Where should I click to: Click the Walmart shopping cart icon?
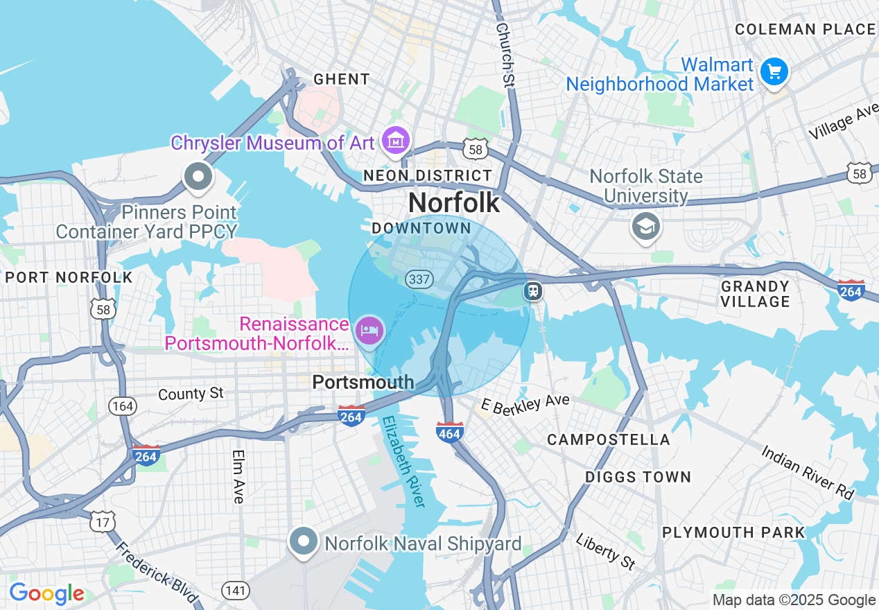pyautogui.click(x=774, y=72)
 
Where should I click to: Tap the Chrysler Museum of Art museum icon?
pyautogui.click(x=396, y=141)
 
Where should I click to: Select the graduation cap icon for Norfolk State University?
pyautogui.click(x=645, y=225)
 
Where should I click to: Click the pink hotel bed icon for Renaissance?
pyautogui.click(x=369, y=330)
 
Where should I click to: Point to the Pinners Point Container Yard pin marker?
pyautogui.click(x=198, y=177)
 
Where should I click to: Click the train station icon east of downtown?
pyautogui.click(x=533, y=290)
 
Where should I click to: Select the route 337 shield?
pyautogui.click(x=419, y=279)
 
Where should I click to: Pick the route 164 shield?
pyautogui.click(x=123, y=406)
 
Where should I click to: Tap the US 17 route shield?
pyautogui.click(x=102, y=521)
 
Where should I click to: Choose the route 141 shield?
pyautogui.click(x=236, y=590)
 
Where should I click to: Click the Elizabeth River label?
pyautogui.click(x=403, y=462)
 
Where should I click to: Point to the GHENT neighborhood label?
pyautogui.click(x=341, y=79)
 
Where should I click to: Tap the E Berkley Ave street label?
pyautogui.click(x=525, y=405)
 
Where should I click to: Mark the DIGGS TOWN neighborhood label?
pyautogui.click(x=638, y=477)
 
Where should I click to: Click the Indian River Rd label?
pyautogui.click(x=808, y=472)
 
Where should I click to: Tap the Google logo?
pyautogui.click(x=46, y=593)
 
